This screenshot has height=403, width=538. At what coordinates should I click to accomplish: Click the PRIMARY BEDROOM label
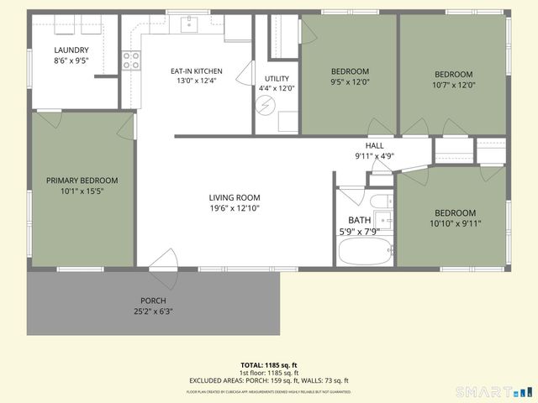[82, 181]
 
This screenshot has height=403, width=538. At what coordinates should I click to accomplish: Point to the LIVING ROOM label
[235, 197]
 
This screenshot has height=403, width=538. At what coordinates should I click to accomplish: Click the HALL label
[374, 145]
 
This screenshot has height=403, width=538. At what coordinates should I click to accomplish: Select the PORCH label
[153, 301]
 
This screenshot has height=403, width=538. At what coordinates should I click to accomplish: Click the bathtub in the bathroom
[364, 251]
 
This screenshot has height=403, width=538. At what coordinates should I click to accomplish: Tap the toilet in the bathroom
[380, 201]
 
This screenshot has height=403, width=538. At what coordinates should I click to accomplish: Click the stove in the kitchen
[132, 60]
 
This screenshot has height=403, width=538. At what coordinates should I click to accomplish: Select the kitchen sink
[190, 24]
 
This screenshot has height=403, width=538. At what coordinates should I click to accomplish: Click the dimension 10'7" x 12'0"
[453, 85]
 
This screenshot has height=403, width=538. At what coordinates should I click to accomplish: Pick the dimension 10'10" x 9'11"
[455, 223]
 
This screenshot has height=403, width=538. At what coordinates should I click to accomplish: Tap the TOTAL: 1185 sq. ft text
[268, 365]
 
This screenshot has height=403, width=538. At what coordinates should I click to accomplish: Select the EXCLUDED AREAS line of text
[268, 380]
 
